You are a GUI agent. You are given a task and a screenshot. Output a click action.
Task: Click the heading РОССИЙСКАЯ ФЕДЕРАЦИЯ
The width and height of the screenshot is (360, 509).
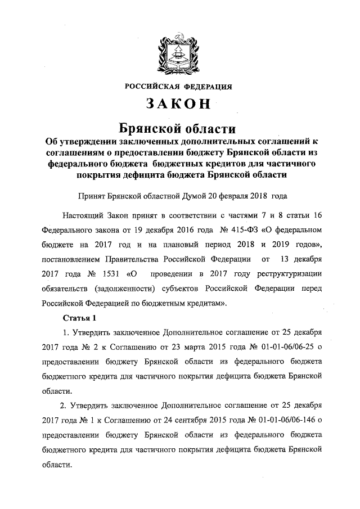tap(178, 86)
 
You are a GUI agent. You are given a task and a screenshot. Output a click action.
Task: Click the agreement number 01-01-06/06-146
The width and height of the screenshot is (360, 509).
tap(283, 420)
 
